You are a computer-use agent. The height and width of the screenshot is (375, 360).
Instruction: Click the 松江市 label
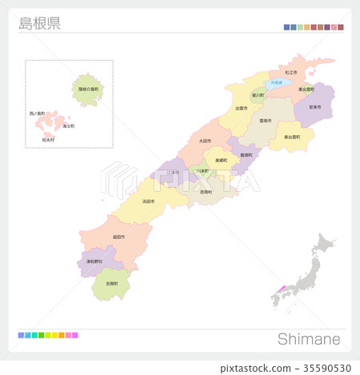[290, 72]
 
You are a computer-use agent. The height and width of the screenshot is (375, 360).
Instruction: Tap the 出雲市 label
[241, 108]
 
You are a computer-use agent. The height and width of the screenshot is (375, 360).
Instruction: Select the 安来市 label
[314, 106]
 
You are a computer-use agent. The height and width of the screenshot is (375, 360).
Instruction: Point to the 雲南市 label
[264, 120]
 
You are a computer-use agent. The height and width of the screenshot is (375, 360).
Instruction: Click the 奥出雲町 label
[292, 137]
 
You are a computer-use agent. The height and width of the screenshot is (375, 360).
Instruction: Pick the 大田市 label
[206, 141]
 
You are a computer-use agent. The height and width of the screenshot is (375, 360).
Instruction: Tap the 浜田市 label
[148, 201]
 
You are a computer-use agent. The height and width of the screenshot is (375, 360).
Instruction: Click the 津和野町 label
[94, 261]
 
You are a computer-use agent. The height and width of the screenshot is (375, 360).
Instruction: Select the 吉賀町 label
[111, 283]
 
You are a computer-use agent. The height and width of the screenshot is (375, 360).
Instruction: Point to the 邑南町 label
[206, 192]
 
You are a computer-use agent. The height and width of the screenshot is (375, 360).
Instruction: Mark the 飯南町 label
[246, 155]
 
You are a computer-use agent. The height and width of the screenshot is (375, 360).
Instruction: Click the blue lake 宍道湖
[276, 82]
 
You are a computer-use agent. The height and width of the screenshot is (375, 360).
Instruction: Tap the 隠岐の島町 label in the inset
[89, 89]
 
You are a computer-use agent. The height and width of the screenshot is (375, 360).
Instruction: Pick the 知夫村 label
[48, 140]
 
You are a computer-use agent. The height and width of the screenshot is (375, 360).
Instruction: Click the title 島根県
[39, 23]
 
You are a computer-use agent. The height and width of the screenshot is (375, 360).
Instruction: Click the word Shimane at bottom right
[309, 339]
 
